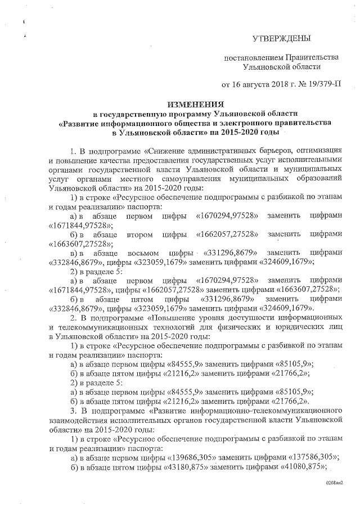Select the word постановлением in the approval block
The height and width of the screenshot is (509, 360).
[253, 58]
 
